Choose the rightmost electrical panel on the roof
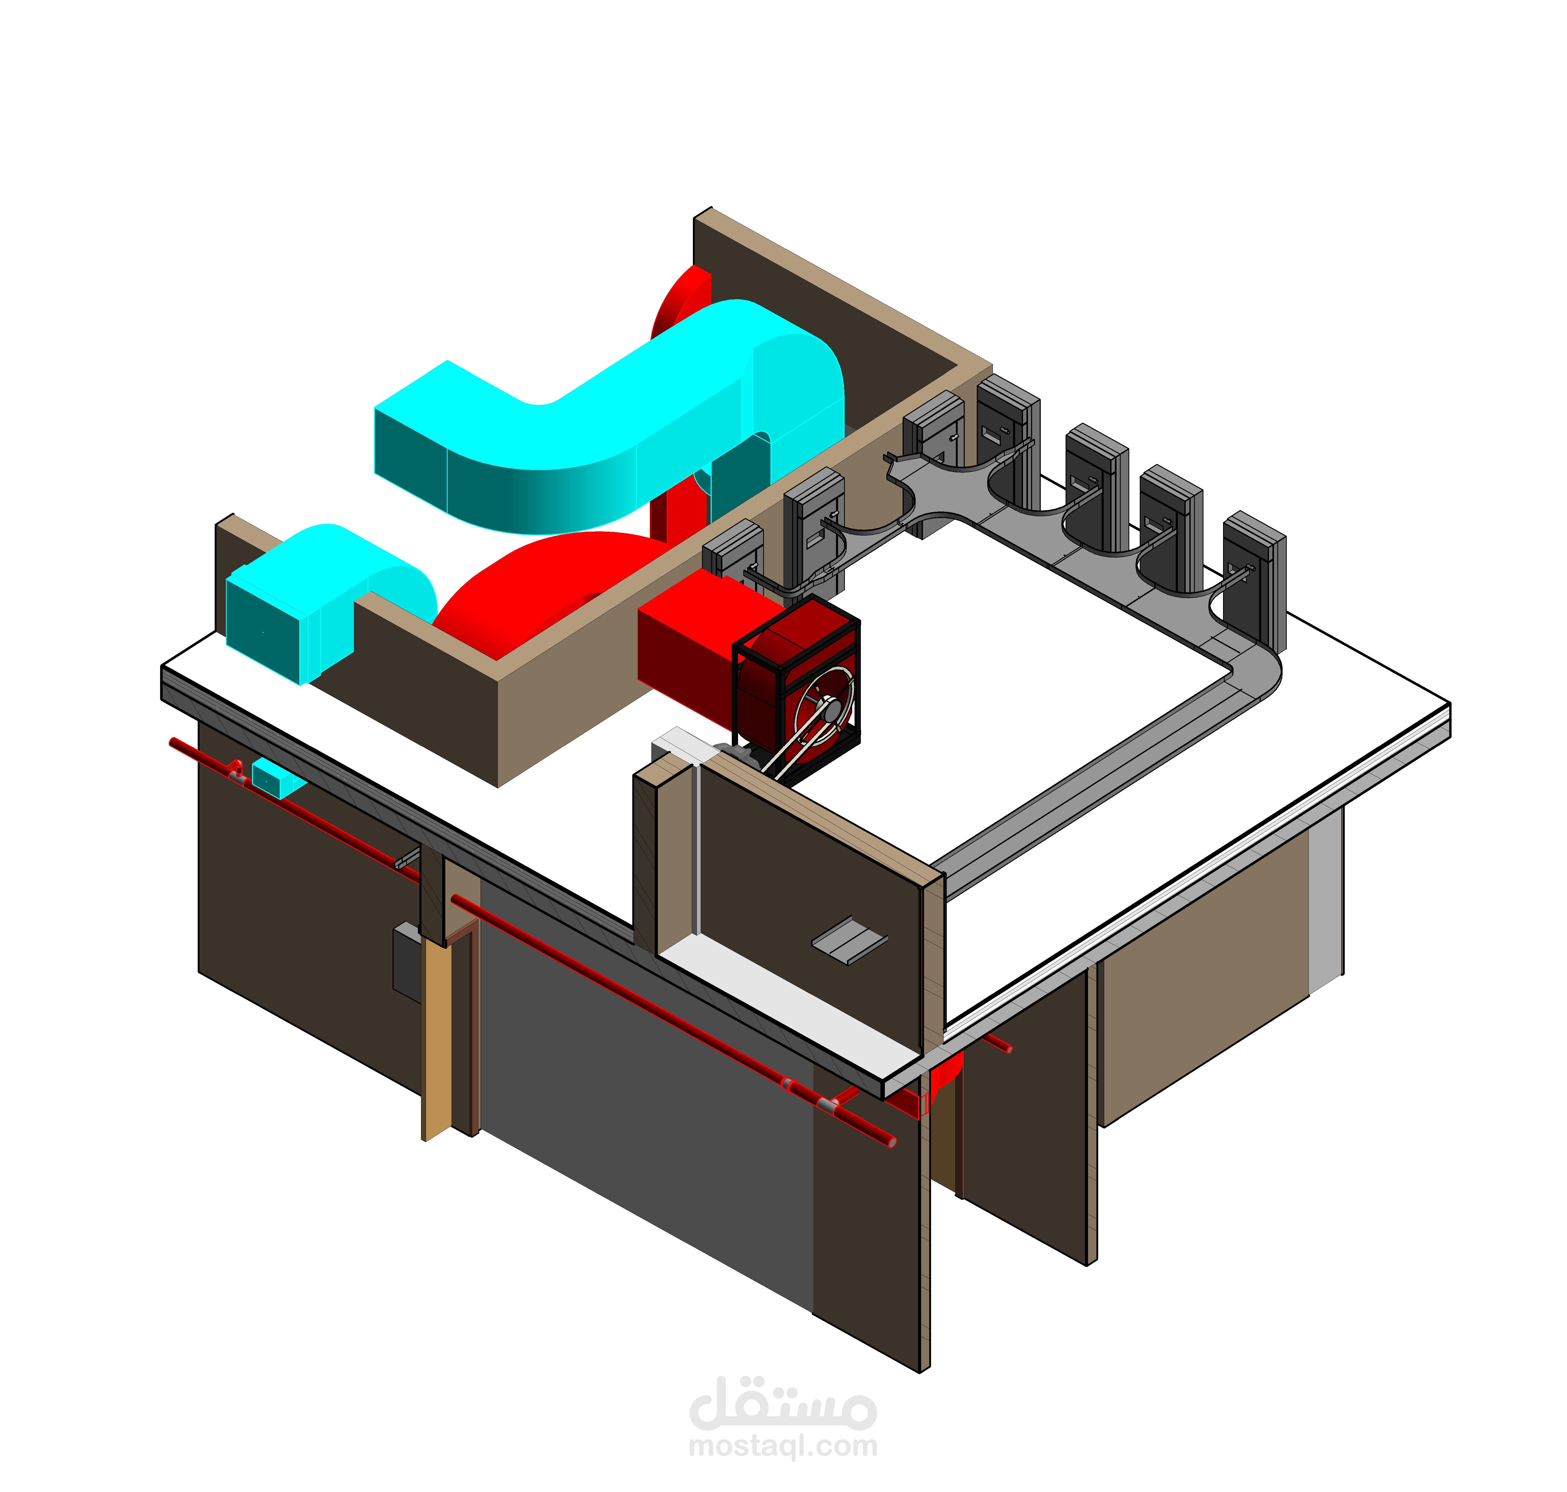[x=1255, y=580]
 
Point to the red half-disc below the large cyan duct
[x=549, y=589]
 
